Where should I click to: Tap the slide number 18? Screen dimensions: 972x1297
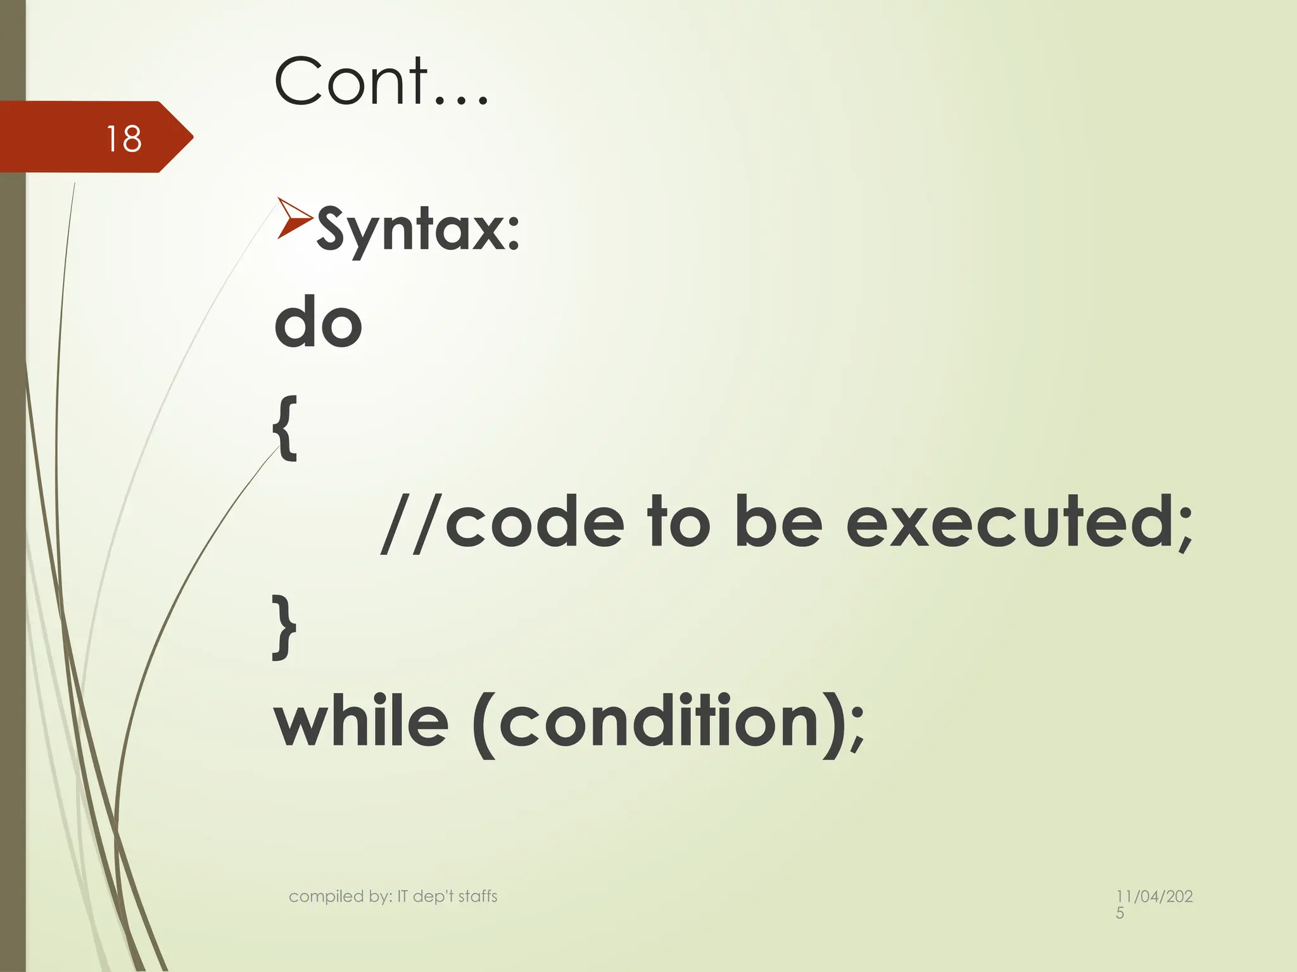pos(123,139)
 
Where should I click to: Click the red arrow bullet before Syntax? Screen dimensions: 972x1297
pos(294,218)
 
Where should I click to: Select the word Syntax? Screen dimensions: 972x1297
pos(418,229)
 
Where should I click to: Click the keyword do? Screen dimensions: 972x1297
pos(318,323)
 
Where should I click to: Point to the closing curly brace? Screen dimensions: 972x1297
pos(285,627)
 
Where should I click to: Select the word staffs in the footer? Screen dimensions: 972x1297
pos(478,896)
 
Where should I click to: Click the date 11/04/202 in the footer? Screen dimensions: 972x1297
pos(1154,896)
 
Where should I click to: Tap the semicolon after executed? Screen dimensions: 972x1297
pos(1184,532)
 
